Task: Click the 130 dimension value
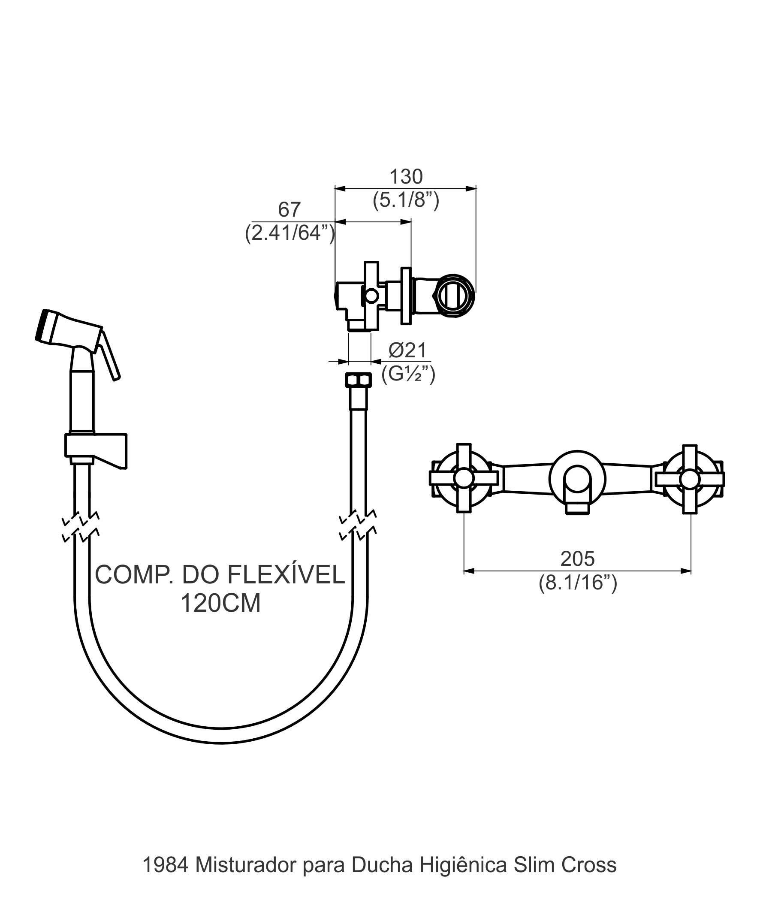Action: coord(406,177)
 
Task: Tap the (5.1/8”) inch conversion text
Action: coord(406,200)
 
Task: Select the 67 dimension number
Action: coord(289,210)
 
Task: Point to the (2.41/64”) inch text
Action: coord(290,233)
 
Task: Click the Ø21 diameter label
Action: coord(407,350)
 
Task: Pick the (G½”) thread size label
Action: coord(408,374)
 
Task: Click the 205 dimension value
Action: coord(577,559)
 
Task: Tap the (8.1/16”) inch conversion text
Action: coord(578,583)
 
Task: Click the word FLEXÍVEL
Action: coord(286,575)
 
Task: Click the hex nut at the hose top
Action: coord(358,380)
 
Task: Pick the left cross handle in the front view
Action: coord(463,478)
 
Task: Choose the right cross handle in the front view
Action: coord(690,478)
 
